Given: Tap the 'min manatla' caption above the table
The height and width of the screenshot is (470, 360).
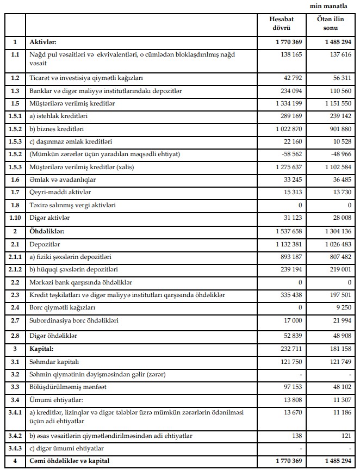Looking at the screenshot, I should coord(332,5).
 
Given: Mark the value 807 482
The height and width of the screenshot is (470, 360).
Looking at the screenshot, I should coord(339,257).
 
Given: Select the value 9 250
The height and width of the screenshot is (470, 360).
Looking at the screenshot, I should coord(343,307).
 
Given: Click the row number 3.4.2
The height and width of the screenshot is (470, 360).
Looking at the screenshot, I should coord(15,436).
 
